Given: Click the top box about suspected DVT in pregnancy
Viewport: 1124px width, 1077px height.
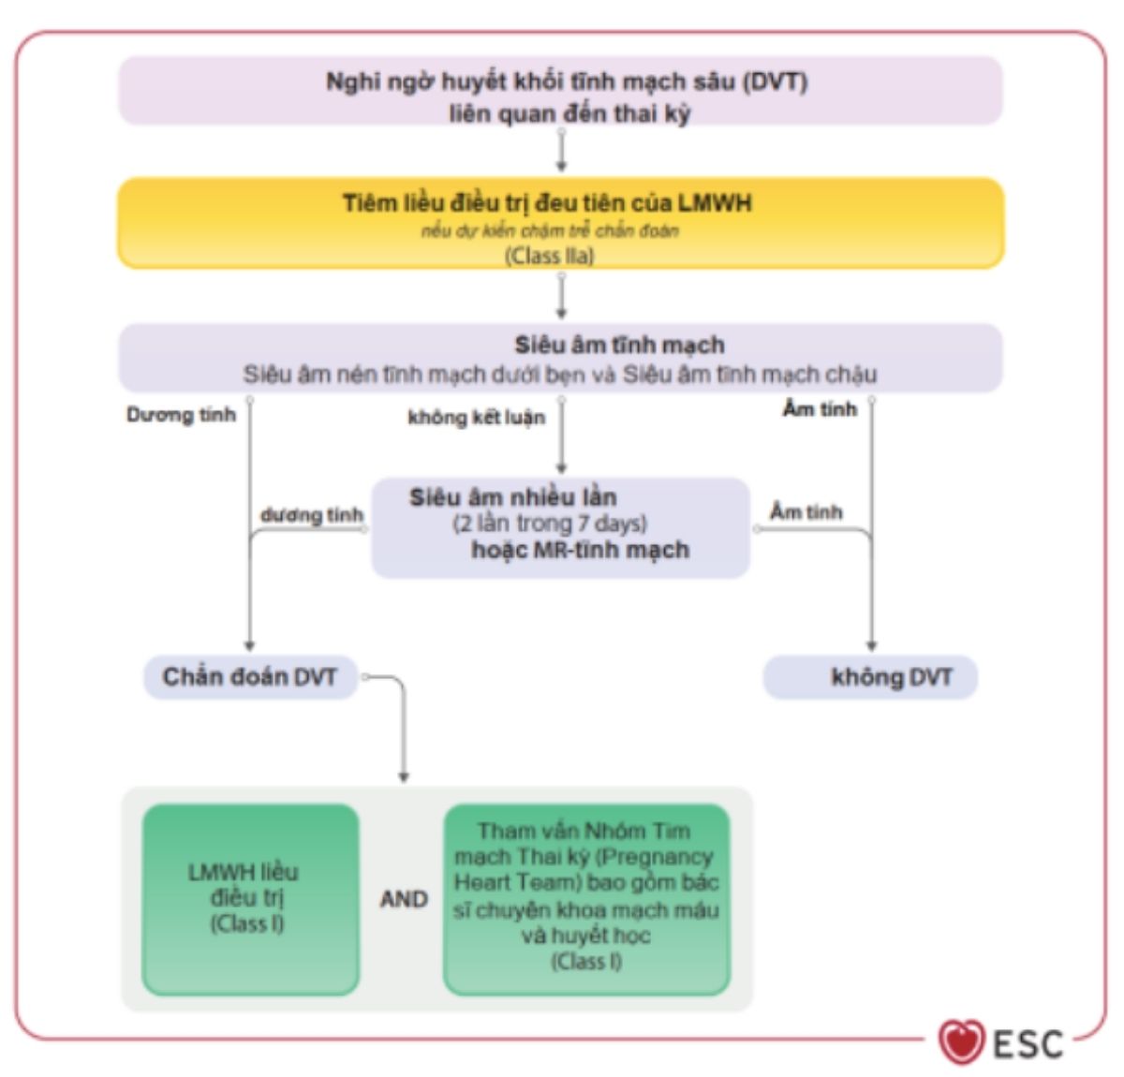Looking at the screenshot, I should click(560, 92).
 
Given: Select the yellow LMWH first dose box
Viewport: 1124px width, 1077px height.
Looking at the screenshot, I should click(560, 223).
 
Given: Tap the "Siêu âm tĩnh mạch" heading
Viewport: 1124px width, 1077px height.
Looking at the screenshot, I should click(619, 345).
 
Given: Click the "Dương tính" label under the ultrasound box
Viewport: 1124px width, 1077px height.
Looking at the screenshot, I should click(181, 415).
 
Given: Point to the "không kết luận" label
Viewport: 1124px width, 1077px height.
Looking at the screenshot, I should click(476, 418).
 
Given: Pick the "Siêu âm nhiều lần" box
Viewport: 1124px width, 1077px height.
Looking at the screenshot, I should click(560, 526).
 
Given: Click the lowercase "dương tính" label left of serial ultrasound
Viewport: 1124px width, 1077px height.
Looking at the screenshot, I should click(311, 515).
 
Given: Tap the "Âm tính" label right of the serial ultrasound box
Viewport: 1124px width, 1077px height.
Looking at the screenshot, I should click(806, 512).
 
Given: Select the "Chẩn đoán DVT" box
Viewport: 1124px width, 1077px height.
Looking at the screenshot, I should click(250, 677).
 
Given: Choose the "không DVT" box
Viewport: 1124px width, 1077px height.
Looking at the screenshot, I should click(871, 677).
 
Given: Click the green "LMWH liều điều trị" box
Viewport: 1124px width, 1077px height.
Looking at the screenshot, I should click(250, 898).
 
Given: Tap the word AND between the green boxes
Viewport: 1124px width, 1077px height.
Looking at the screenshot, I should click(404, 899).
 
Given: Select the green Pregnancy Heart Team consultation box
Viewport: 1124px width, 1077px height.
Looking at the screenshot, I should click(586, 898).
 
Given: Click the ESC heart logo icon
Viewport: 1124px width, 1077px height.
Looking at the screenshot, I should click(961, 1041).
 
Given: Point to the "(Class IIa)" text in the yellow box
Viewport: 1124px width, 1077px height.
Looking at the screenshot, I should click(550, 256).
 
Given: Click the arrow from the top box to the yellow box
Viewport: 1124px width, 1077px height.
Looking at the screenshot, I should click(561, 151).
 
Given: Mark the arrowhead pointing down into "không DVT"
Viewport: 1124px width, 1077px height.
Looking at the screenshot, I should click(871, 644).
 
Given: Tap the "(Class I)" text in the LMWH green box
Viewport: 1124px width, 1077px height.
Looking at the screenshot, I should click(246, 923).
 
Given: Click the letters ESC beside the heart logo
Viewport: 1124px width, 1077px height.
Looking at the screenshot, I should click(1028, 1043).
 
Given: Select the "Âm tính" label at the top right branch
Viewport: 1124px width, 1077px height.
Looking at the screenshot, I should click(819, 409).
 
